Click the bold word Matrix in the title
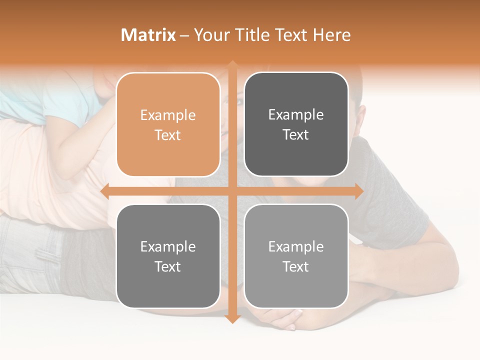(x=148, y=35)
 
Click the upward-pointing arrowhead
(x=232, y=65)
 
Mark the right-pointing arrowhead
(x=359, y=191)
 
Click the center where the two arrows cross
(x=232, y=191)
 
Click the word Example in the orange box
(x=168, y=115)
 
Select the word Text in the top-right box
(x=296, y=135)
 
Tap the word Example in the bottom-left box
(x=168, y=247)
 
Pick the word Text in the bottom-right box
(x=296, y=267)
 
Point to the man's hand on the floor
(x=280, y=315)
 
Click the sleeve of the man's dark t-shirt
(x=400, y=210)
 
